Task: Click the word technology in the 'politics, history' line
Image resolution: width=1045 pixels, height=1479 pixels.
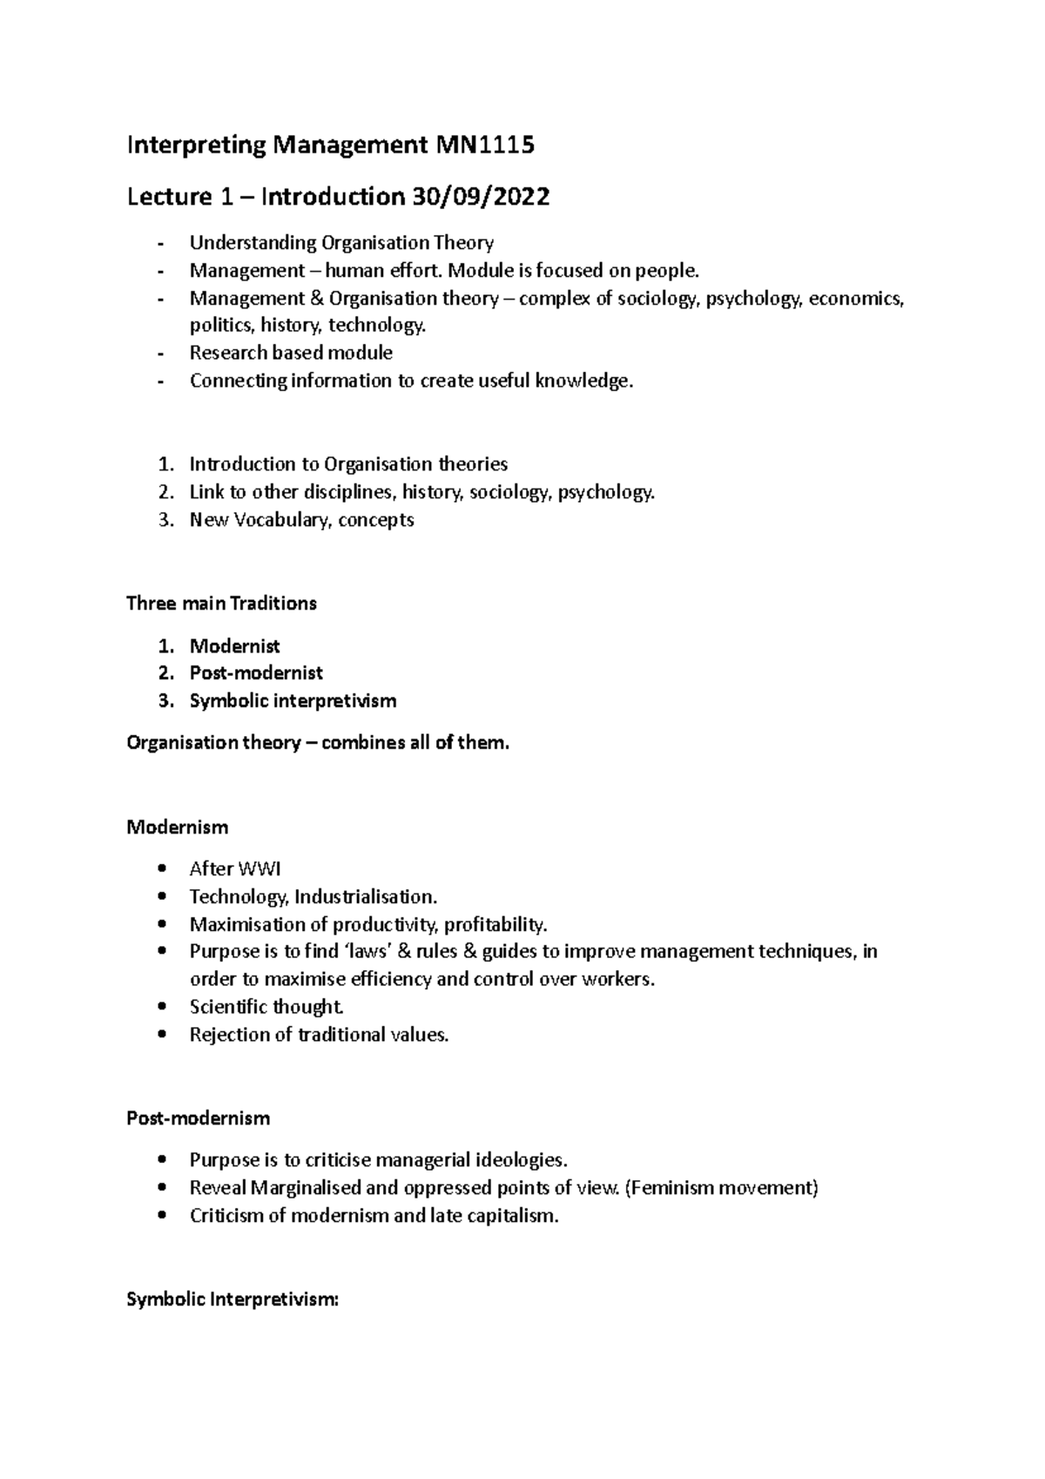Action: (383, 326)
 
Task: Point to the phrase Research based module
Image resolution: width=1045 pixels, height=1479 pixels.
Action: (291, 353)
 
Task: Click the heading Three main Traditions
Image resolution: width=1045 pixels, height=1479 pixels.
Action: (221, 604)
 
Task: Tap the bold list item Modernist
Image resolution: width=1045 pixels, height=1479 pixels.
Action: (234, 646)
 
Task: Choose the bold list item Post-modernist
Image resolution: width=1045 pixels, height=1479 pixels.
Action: (256, 673)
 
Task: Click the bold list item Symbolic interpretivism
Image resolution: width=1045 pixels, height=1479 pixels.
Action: (293, 701)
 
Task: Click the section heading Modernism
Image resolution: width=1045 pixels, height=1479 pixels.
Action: (177, 827)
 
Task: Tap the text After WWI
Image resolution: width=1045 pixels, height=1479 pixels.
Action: (235, 868)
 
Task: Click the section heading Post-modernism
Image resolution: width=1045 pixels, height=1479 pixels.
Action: (198, 1118)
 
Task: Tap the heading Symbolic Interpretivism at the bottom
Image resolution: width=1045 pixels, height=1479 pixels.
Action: (232, 1300)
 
